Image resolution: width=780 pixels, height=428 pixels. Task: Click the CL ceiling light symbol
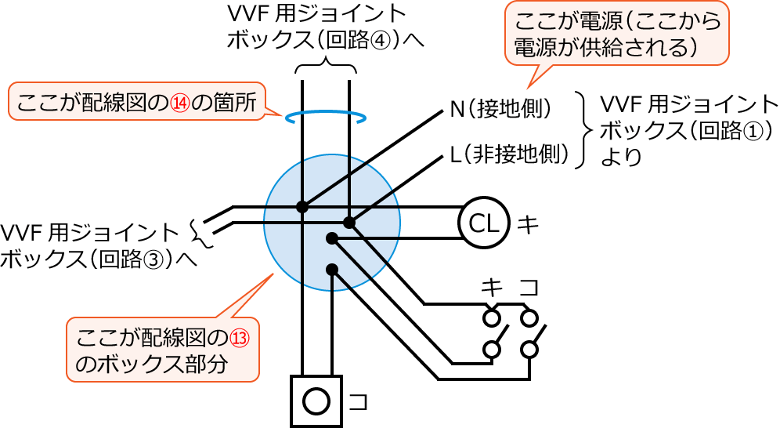[x=483, y=223]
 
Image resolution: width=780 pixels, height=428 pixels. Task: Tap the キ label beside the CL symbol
[x=529, y=225]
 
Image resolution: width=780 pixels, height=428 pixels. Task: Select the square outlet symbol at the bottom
[x=316, y=401]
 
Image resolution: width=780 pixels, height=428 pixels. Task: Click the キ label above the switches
[x=492, y=288]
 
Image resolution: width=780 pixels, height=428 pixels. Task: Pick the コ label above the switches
[x=530, y=288]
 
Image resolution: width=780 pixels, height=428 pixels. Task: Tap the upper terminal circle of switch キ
[x=492, y=317]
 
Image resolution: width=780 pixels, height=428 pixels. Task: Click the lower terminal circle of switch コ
[x=530, y=349]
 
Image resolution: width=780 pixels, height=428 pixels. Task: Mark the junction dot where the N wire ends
[x=302, y=207]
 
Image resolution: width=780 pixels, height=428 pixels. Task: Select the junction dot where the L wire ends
[x=349, y=223]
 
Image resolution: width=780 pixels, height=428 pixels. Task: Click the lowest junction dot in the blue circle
[x=332, y=269]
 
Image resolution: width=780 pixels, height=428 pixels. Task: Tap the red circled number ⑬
[x=239, y=338]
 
